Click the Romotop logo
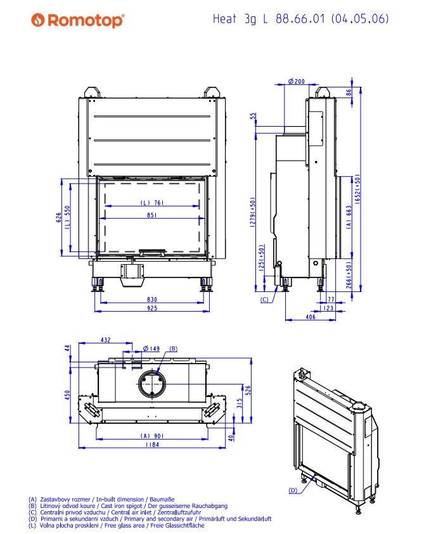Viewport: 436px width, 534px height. pyautogui.click(x=78, y=20)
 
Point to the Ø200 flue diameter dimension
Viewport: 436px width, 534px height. pyautogui.click(x=297, y=81)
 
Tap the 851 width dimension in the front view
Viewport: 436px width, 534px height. pyautogui.click(x=152, y=215)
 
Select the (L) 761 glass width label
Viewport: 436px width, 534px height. pyautogui.click(x=152, y=203)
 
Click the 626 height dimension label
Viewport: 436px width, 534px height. pyautogui.click(x=58, y=217)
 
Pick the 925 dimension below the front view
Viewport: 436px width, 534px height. pyautogui.click(x=152, y=308)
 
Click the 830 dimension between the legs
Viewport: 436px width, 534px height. pyautogui.click(x=152, y=300)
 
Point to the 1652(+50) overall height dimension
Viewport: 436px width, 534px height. pyautogui.click(x=357, y=189)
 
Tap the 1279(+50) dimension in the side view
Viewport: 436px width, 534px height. pyautogui.click(x=252, y=212)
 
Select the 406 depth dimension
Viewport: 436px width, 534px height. pyautogui.click(x=311, y=317)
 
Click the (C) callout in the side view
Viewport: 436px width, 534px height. pyautogui.click(x=264, y=300)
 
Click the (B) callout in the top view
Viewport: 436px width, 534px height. pyautogui.click(x=174, y=349)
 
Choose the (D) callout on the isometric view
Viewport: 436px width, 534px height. pyautogui.click(x=293, y=490)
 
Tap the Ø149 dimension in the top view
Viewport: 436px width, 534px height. pyautogui.click(x=151, y=348)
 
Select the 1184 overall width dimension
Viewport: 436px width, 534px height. pyautogui.click(x=152, y=445)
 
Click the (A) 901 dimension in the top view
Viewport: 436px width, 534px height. pyautogui.click(x=152, y=436)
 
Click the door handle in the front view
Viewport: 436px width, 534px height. pyautogui.click(x=152, y=252)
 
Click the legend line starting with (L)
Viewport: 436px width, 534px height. pyautogui.click(x=117, y=526)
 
